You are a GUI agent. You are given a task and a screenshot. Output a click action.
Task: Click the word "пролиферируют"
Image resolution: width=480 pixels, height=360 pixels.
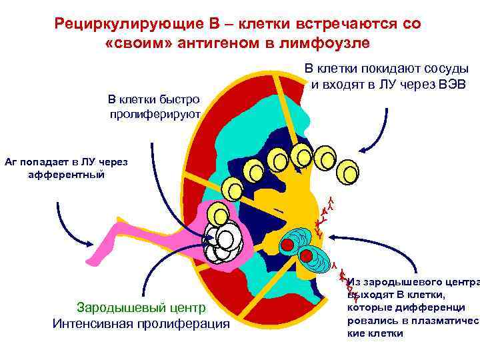tap(155, 114)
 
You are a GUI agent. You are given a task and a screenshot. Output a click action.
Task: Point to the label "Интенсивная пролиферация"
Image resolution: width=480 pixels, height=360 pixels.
tap(141, 324)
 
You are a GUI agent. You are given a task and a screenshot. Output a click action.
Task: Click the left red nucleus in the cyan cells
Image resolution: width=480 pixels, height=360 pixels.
tap(287, 245)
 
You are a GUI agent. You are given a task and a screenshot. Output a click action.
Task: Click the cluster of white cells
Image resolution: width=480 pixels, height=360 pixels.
tap(224, 243)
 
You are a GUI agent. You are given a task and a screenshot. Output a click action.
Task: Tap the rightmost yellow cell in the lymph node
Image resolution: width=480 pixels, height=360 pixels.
tap(347, 173)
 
